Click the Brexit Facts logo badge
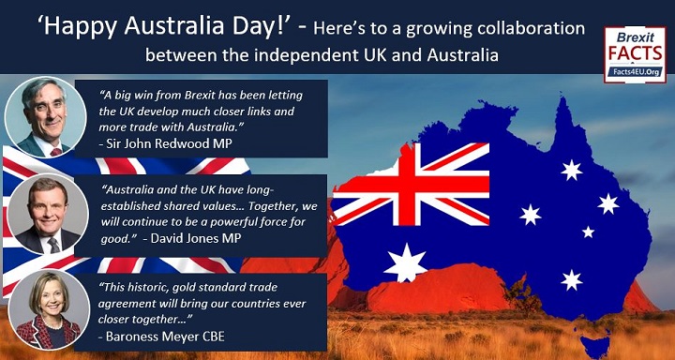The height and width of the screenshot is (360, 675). [x=635, y=54]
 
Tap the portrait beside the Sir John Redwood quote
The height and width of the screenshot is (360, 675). [x=45, y=117]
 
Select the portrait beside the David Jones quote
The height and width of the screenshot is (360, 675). [x=48, y=214]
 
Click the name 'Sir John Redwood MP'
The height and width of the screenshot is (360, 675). [x=169, y=143]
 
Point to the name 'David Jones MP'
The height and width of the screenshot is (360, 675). [x=195, y=238]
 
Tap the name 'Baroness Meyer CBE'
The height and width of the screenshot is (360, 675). [x=161, y=337]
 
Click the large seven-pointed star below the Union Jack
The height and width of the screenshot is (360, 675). [x=405, y=262]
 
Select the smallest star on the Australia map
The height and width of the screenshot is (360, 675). [x=588, y=232]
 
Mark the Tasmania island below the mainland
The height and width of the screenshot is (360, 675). [x=596, y=346]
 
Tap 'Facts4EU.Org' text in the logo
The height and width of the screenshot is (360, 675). [x=635, y=72]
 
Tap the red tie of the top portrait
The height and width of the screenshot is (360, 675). [x=56, y=152]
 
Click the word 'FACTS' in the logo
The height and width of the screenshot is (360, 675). [x=635, y=53]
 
